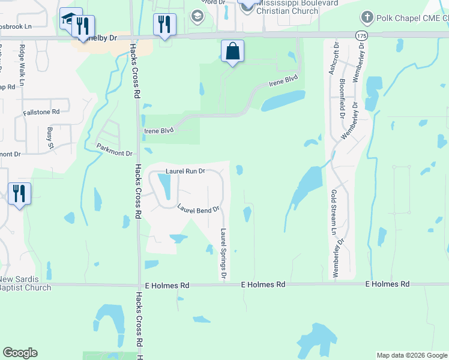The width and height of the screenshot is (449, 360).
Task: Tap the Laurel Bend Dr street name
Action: tap(199, 208)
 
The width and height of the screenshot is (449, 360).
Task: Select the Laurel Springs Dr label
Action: tap(223, 254)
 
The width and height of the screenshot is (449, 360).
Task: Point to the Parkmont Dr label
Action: tap(114, 149)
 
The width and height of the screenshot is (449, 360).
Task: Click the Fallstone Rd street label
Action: tap(41, 112)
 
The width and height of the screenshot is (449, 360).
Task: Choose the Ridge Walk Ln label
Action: tap(23, 63)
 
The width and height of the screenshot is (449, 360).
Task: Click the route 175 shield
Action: tap(361, 36)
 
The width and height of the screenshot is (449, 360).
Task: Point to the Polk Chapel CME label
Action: tap(411, 18)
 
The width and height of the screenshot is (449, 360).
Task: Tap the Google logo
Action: tap(20, 353)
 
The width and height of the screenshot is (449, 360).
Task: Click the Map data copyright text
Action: tap(412, 355)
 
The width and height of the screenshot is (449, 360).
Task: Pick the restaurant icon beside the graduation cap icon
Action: tap(85, 26)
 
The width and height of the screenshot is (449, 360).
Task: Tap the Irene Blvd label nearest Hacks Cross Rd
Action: tap(159, 130)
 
